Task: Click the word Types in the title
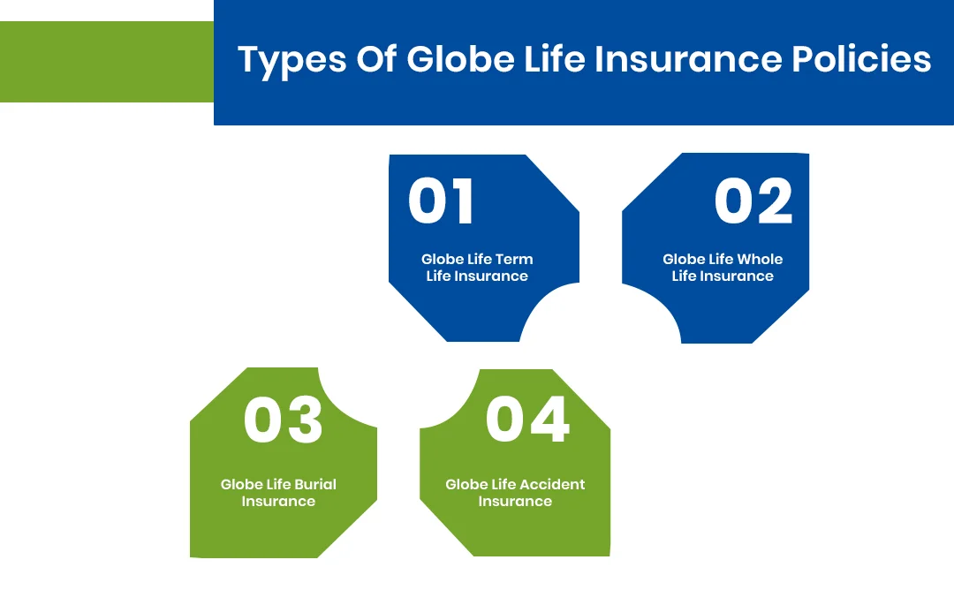click(290, 61)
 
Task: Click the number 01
click(441, 201)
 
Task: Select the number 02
click(753, 201)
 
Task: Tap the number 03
click(284, 420)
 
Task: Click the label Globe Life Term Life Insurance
click(477, 268)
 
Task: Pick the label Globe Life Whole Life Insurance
click(723, 268)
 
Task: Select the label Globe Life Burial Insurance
click(278, 493)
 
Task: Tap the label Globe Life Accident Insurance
click(515, 493)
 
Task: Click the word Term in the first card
click(515, 260)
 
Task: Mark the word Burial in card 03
click(315, 485)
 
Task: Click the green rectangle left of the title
click(107, 62)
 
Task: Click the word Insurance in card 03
click(278, 502)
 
